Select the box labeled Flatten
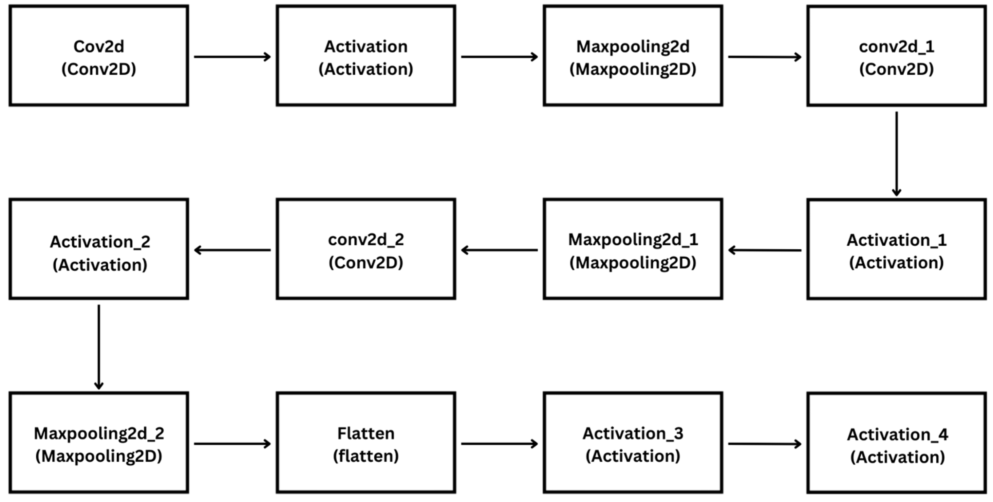366,443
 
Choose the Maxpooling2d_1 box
633,249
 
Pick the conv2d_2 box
366,249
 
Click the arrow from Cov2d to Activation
232,57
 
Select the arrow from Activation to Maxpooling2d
499,57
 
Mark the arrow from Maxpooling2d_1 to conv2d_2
499,250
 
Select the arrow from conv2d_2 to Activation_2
232,250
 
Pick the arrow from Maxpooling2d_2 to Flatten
232,444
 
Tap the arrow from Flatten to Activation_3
499,444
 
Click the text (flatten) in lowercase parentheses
366,456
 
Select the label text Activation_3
633,433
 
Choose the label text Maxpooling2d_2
99,433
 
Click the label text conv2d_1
897,47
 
